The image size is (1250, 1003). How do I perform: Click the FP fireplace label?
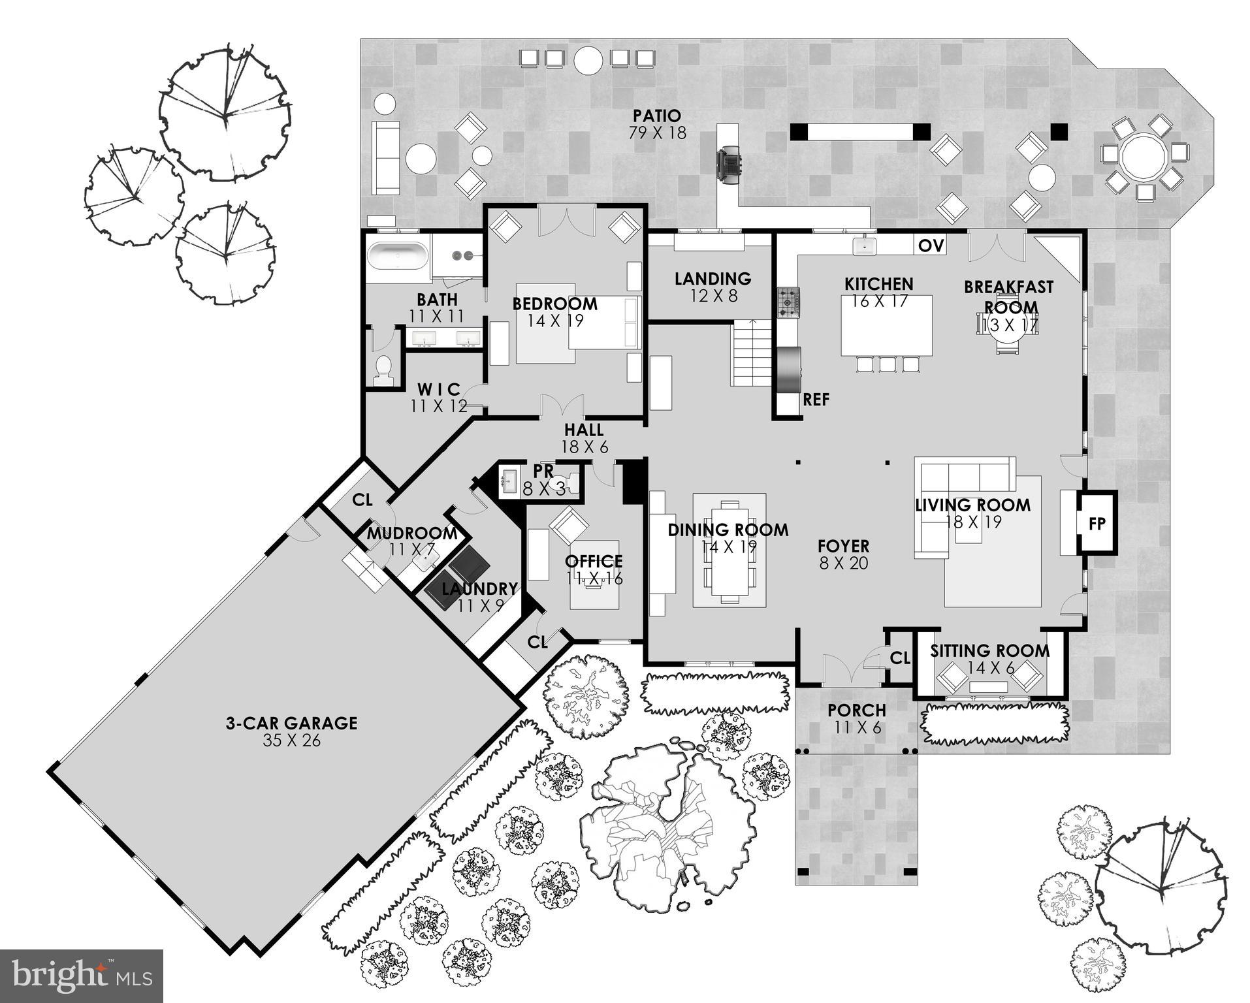[x=1097, y=524]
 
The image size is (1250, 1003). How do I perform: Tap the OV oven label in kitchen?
[x=931, y=246]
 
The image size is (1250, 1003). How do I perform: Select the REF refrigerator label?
[x=816, y=400]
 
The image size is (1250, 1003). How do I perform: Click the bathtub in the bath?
[x=397, y=256]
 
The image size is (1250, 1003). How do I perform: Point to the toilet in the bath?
[x=383, y=370]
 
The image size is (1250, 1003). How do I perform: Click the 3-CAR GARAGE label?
[x=291, y=723]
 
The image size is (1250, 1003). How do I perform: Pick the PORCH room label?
[x=857, y=710]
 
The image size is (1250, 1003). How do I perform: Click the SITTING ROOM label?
[x=989, y=650]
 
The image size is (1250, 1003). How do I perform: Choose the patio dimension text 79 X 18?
[x=657, y=133]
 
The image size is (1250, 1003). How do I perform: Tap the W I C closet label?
[x=439, y=389]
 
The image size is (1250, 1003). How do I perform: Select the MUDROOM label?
[x=411, y=533]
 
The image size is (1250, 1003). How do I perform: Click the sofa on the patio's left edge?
[x=385, y=157]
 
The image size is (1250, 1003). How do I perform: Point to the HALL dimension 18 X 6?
[x=585, y=447]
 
